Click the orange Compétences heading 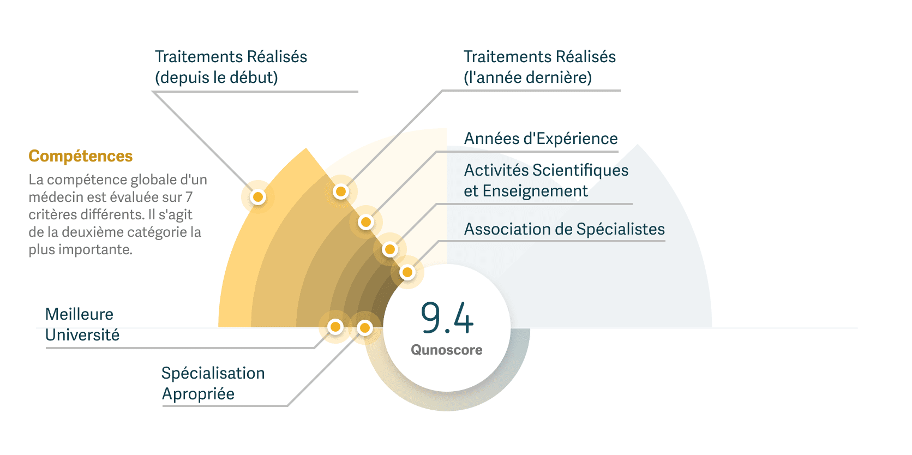(x=81, y=156)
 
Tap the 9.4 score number (x=447, y=318)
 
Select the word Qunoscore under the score (x=446, y=350)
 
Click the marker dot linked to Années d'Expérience (x=366, y=222)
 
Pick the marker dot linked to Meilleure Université (x=335, y=327)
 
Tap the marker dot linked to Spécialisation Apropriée (x=364, y=328)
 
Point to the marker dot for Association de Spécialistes (x=407, y=272)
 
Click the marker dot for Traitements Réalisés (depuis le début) (x=258, y=197)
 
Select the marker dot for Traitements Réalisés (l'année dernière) (x=341, y=191)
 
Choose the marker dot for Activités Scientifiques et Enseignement (x=389, y=249)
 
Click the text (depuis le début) (x=217, y=77)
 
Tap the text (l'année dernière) (x=527, y=77)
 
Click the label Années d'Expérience (x=541, y=139)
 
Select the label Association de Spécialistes (x=564, y=229)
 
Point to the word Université (x=82, y=335)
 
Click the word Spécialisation (x=213, y=373)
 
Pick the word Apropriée (x=198, y=394)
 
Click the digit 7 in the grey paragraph (x=189, y=197)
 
